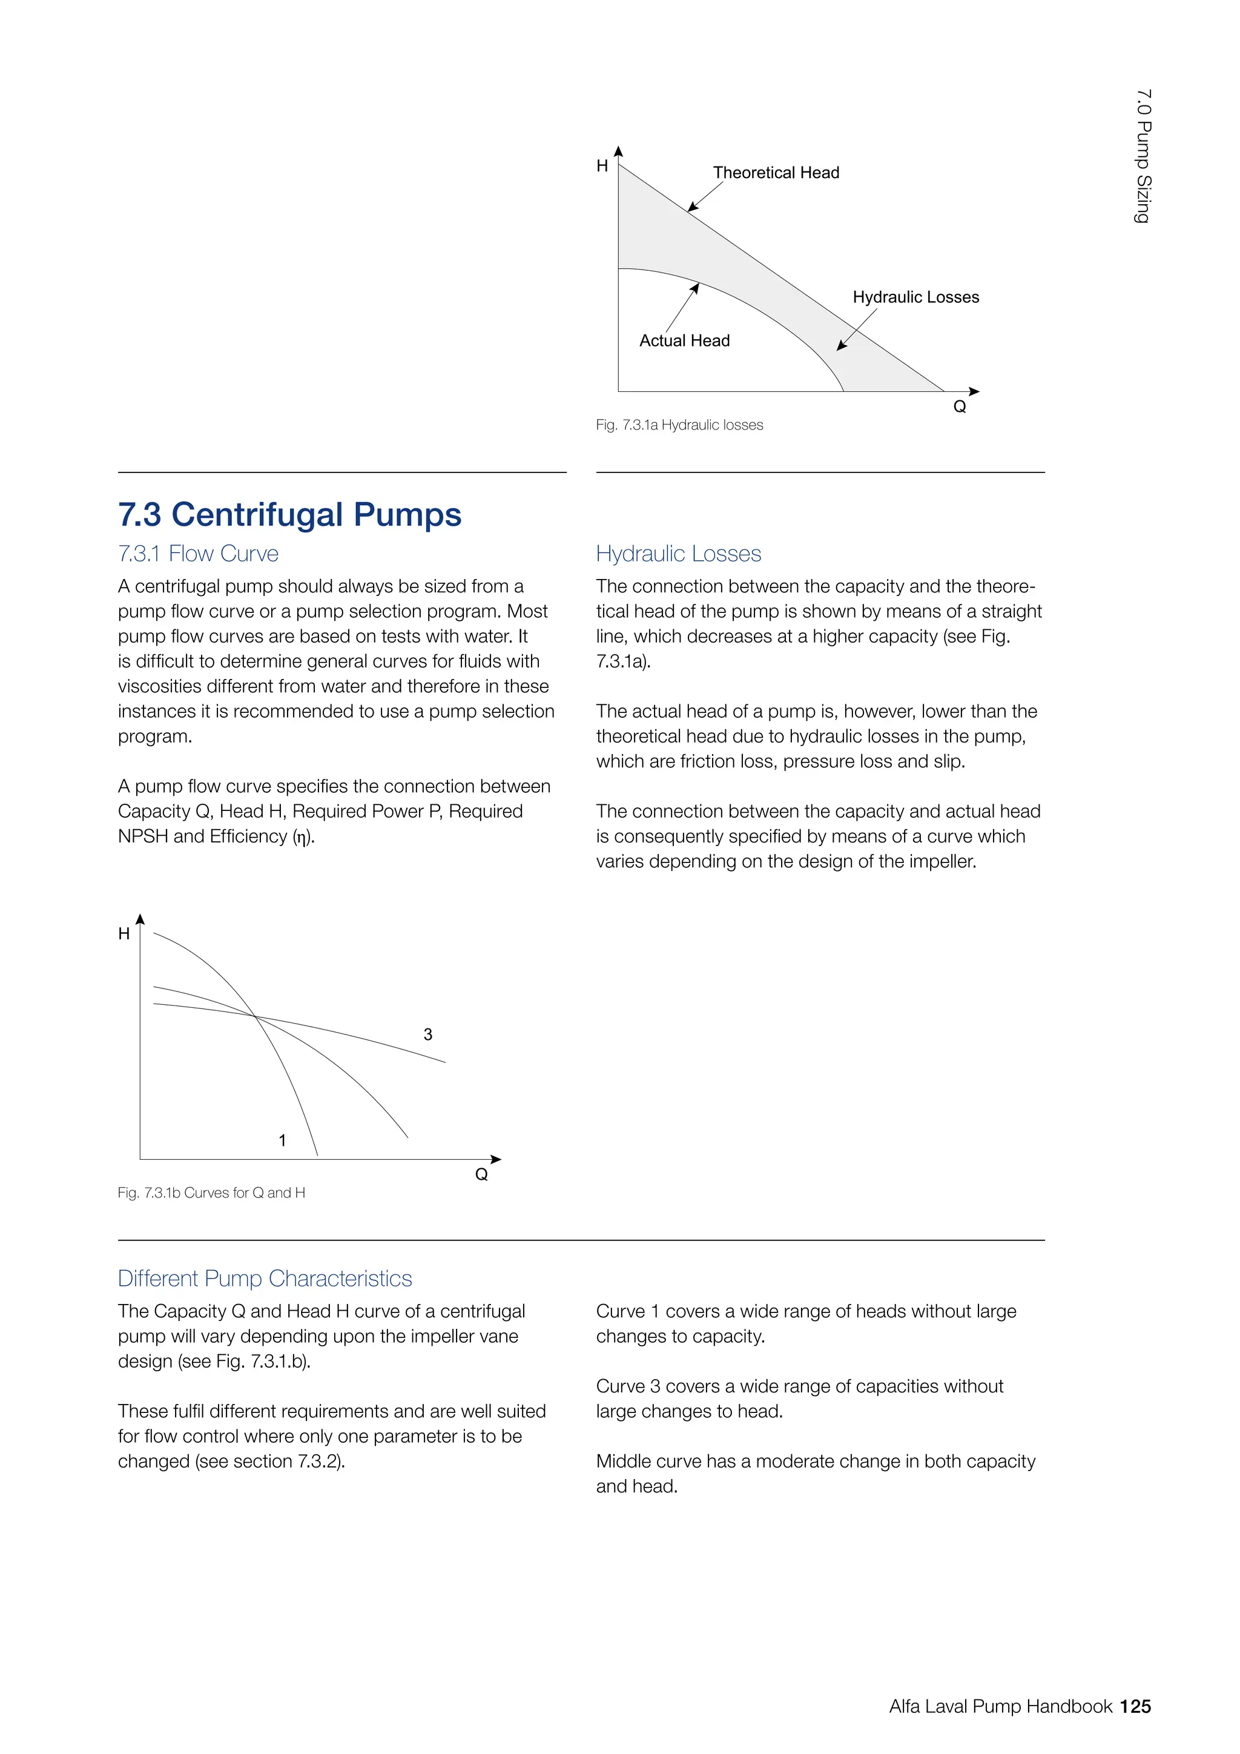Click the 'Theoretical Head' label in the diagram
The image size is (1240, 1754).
pyautogui.click(x=776, y=173)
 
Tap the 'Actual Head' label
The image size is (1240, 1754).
pyautogui.click(x=684, y=341)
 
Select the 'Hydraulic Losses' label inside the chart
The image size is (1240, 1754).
pyautogui.click(x=915, y=297)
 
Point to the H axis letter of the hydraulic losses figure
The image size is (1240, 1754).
pyautogui.click(x=602, y=167)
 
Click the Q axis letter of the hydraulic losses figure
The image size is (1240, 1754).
pyautogui.click(x=960, y=407)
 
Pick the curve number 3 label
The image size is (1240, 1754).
pyautogui.click(x=427, y=1034)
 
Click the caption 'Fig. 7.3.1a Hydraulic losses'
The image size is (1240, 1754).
pyautogui.click(x=679, y=425)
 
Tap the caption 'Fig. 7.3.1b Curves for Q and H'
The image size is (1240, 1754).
pyautogui.click(x=211, y=1193)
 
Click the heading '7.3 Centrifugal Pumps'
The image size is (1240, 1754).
pyautogui.click(x=289, y=514)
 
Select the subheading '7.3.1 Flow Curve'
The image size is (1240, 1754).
pyautogui.click(x=198, y=554)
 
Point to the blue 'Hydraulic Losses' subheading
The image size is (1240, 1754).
pyautogui.click(x=678, y=554)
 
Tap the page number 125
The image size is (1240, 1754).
pyautogui.click(x=1135, y=1707)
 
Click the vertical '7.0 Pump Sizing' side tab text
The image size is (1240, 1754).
pyautogui.click(x=1143, y=157)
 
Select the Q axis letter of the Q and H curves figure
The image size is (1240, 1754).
pyautogui.click(x=481, y=1175)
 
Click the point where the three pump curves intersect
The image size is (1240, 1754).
pyautogui.click(x=256, y=1016)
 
